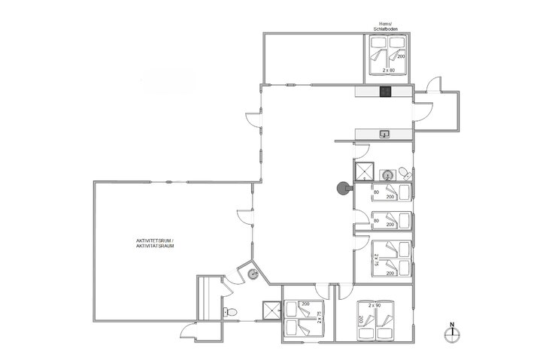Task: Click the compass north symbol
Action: click(452, 331)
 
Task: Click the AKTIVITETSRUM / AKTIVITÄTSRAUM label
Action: click(156, 243)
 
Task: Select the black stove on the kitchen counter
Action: click(386, 92)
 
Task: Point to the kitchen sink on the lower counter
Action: click(385, 135)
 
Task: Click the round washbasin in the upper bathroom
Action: click(387, 173)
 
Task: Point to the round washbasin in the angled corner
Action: click(253, 274)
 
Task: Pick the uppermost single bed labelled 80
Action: click(392, 194)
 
